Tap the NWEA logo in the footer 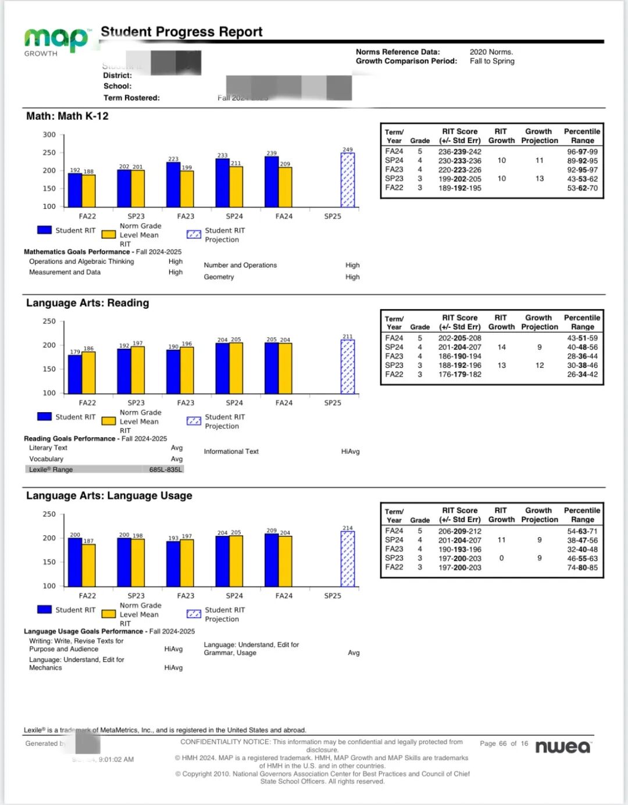tap(562, 746)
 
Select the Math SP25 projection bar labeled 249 tap(348, 180)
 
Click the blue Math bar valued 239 tap(272, 182)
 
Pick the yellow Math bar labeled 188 tap(88, 191)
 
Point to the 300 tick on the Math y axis tap(49, 135)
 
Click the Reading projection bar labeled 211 tap(348, 367)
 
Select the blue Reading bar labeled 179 tap(75, 374)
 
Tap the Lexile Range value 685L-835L tap(165, 470)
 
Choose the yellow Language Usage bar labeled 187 tap(88, 565)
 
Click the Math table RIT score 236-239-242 tap(459, 152)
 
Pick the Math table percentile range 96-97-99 tap(582, 152)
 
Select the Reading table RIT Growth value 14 tap(501, 347)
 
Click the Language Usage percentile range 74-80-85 tap(582, 567)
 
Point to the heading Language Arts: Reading tap(88, 303)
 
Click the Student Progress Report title tap(181, 32)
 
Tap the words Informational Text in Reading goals tap(231, 452)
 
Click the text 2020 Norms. tap(491, 52)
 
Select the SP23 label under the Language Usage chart tap(136, 596)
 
